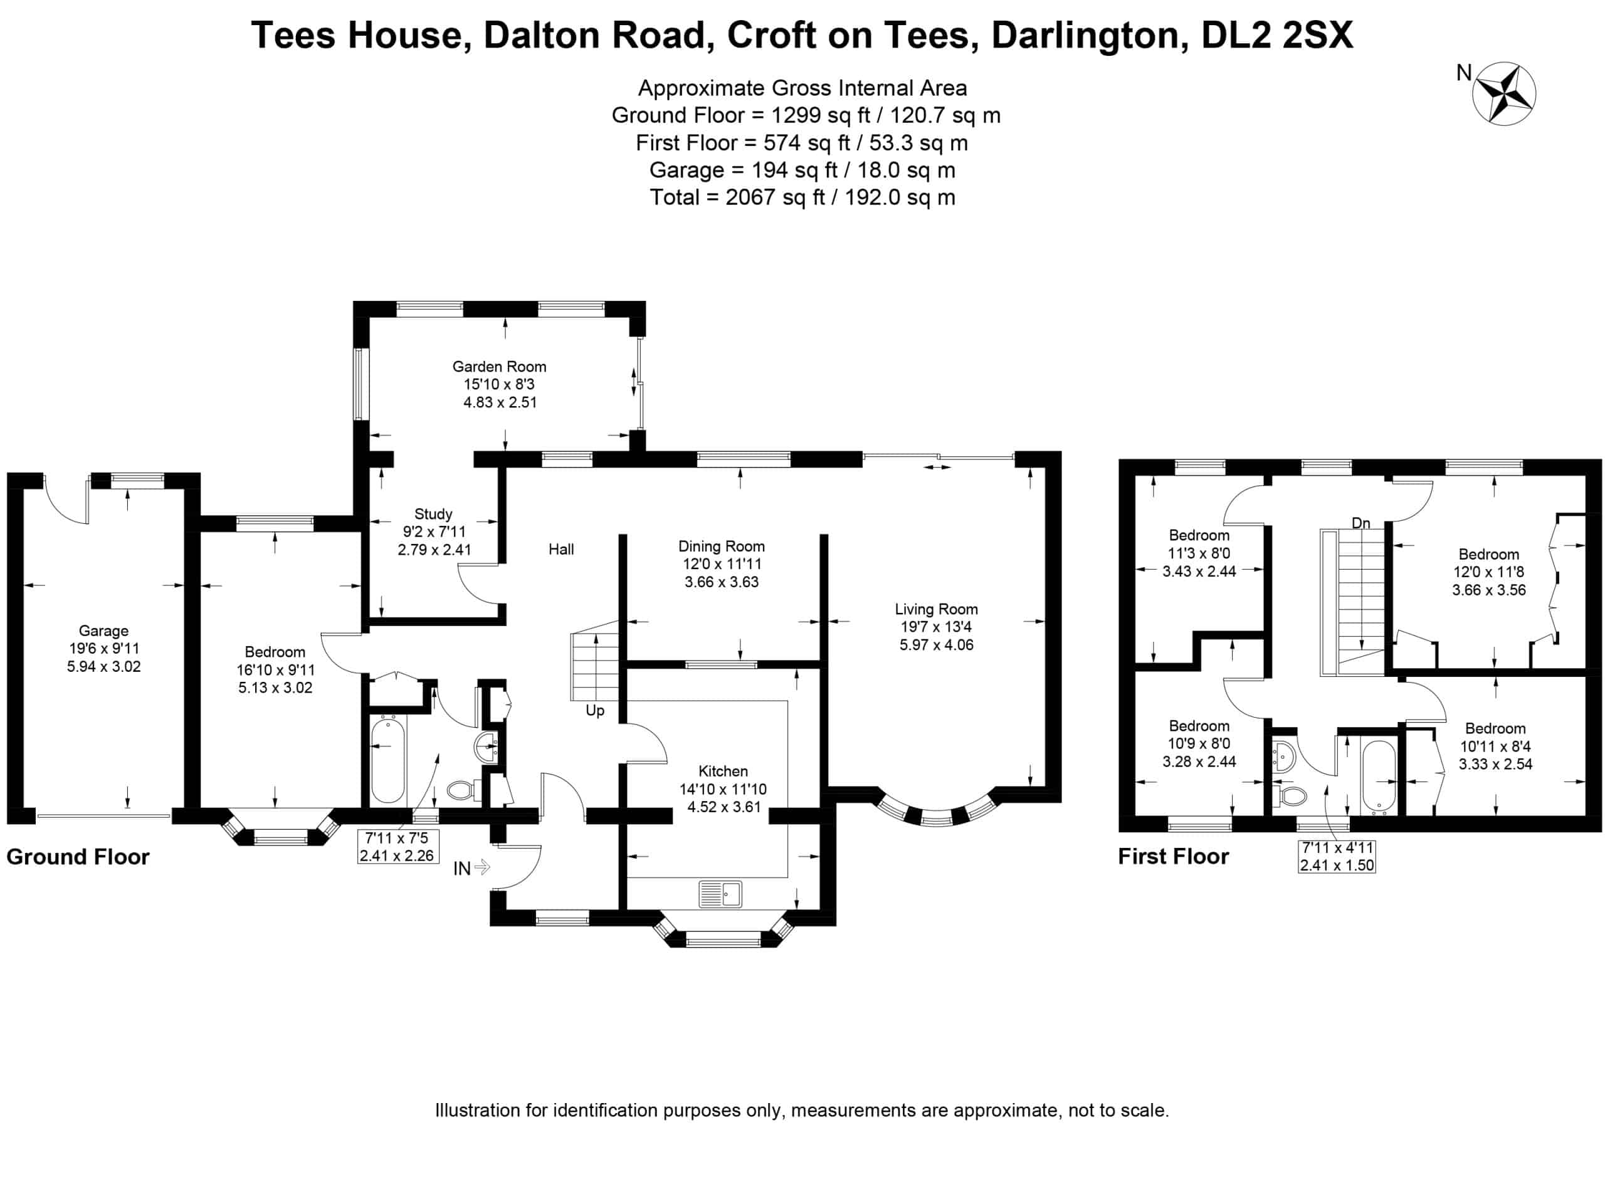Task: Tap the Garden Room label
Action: click(x=499, y=384)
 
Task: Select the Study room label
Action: click(x=434, y=531)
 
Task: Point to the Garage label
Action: click(x=104, y=648)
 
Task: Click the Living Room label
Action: click(x=936, y=627)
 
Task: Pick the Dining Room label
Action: click(x=721, y=563)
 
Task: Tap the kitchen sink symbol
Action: click(x=720, y=894)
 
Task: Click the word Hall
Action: click(x=562, y=549)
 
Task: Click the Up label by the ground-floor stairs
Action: click(x=595, y=710)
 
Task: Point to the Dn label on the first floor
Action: click(x=1361, y=523)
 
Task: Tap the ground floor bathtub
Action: click(x=389, y=761)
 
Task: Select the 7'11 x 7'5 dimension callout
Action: click(x=397, y=847)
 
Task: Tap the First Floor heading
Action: click(x=1173, y=856)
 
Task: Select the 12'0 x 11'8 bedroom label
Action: click(x=1489, y=572)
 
